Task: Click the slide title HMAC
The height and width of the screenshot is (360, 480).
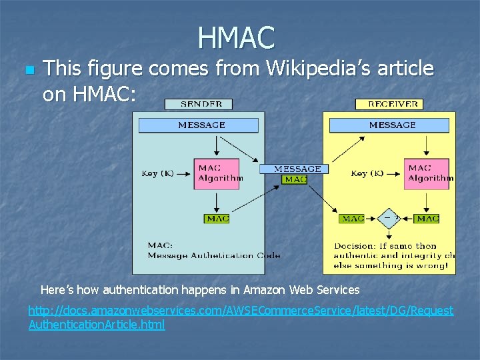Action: (236, 37)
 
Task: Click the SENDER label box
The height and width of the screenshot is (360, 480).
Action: (198, 104)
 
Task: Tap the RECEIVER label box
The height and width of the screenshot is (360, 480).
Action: (389, 104)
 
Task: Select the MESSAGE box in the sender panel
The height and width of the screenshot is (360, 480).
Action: (201, 125)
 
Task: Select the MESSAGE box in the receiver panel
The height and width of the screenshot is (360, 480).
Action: (392, 125)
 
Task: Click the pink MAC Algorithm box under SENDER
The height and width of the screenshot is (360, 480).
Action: (217, 173)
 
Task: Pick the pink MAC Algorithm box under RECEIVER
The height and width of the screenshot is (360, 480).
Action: (427, 173)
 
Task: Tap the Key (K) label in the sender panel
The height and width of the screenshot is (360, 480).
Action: (158, 173)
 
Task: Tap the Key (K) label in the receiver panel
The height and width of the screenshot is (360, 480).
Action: (367, 173)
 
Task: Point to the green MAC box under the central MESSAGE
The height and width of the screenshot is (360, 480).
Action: (295, 179)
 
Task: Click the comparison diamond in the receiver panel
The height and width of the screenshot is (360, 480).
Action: (389, 218)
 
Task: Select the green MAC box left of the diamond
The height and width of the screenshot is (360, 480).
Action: (352, 219)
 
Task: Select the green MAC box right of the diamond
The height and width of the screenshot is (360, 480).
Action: (427, 219)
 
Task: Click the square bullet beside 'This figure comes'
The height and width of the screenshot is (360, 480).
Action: (28, 69)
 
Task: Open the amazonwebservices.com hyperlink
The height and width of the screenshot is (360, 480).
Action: (241, 317)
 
